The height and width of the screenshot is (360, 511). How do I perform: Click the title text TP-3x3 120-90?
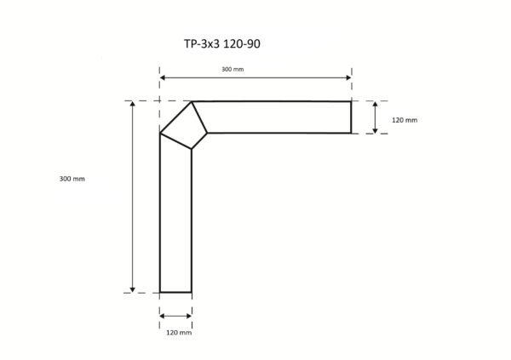[x=222, y=43]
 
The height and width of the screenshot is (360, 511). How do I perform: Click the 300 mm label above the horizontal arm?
[x=233, y=69]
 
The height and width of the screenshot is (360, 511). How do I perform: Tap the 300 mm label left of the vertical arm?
[x=72, y=179]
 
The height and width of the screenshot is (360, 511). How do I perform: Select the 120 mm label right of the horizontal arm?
[x=405, y=120]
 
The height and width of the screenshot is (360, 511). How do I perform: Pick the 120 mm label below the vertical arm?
[x=179, y=332]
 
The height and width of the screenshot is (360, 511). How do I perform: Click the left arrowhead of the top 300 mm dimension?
[x=163, y=77]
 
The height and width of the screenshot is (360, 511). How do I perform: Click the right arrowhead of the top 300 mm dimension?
[x=348, y=77]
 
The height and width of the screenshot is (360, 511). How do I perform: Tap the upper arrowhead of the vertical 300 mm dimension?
[x=132, y=104]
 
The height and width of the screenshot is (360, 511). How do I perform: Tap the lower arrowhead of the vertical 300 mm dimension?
[x=132, y=289]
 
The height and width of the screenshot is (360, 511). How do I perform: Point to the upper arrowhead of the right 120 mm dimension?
[x=375, y=104]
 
